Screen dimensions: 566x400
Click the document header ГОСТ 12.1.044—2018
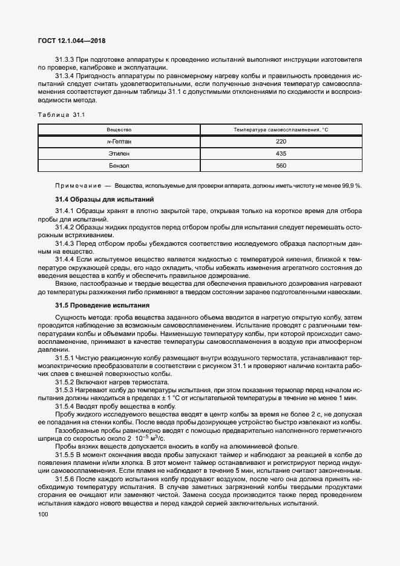point(71,41)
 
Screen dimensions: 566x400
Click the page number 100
point(43,514)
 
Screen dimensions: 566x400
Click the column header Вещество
point(119,130)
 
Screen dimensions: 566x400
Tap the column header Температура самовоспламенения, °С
point(281,130)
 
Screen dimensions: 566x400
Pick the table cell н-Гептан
point(119,141)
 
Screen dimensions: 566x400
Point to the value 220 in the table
point(281,141)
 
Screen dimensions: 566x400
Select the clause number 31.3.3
point(64,61)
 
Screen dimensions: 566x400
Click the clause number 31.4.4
point(64,259)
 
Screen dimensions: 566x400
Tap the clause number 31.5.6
point(64,478)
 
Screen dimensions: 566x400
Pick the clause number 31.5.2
point(64,382)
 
